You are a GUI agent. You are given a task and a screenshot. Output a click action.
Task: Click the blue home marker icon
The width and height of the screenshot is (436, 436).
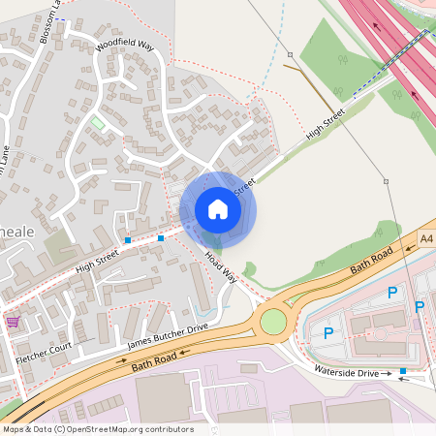click(218, 209)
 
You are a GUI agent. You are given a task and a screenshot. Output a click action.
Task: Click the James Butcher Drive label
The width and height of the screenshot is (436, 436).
click(169, 336)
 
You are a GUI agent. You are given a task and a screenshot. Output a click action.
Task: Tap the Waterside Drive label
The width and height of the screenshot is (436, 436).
click(346, 372)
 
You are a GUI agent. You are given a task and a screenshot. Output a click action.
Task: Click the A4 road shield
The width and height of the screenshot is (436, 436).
click(427, 238)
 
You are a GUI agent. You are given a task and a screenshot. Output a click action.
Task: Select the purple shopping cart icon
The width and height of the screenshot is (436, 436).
click(13, 321)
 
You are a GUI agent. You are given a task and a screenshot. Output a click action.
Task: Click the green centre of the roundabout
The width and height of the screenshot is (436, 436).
click(274, 320)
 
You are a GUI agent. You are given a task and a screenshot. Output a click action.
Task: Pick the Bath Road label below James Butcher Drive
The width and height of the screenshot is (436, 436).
click(156, 361)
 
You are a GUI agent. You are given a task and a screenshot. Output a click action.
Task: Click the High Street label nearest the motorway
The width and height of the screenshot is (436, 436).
click(325, 124)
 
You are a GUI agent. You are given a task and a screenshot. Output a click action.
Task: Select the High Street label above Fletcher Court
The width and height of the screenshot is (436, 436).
click(97, 259)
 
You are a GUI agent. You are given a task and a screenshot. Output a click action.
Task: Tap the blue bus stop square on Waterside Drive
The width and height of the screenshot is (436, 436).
click(403, 371)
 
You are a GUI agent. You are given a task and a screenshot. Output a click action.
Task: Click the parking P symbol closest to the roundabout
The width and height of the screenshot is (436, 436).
click(328, 332)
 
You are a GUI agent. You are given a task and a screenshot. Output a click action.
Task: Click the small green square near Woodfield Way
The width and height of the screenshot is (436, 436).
click(98, 123)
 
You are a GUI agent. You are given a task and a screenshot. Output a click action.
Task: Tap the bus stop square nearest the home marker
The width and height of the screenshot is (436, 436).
click(161, 237)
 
